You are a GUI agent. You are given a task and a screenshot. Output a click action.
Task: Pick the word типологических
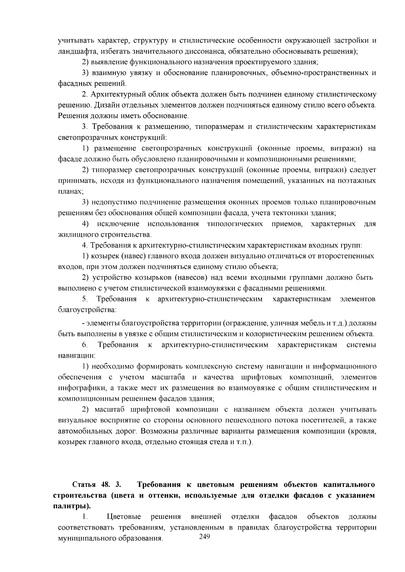pos(235,224)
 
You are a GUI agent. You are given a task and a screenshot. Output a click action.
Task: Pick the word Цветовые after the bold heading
pos(124,517)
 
